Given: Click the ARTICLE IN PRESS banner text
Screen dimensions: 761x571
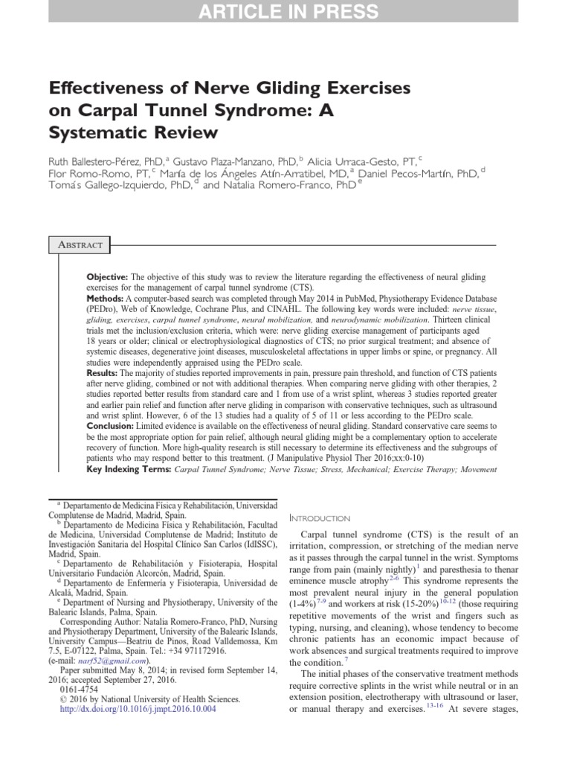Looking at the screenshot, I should (x=285, y=12).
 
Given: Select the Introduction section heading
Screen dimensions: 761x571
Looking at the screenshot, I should (x=318, y=517).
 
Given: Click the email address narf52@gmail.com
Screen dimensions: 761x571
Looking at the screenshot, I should (x=115, y=658).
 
